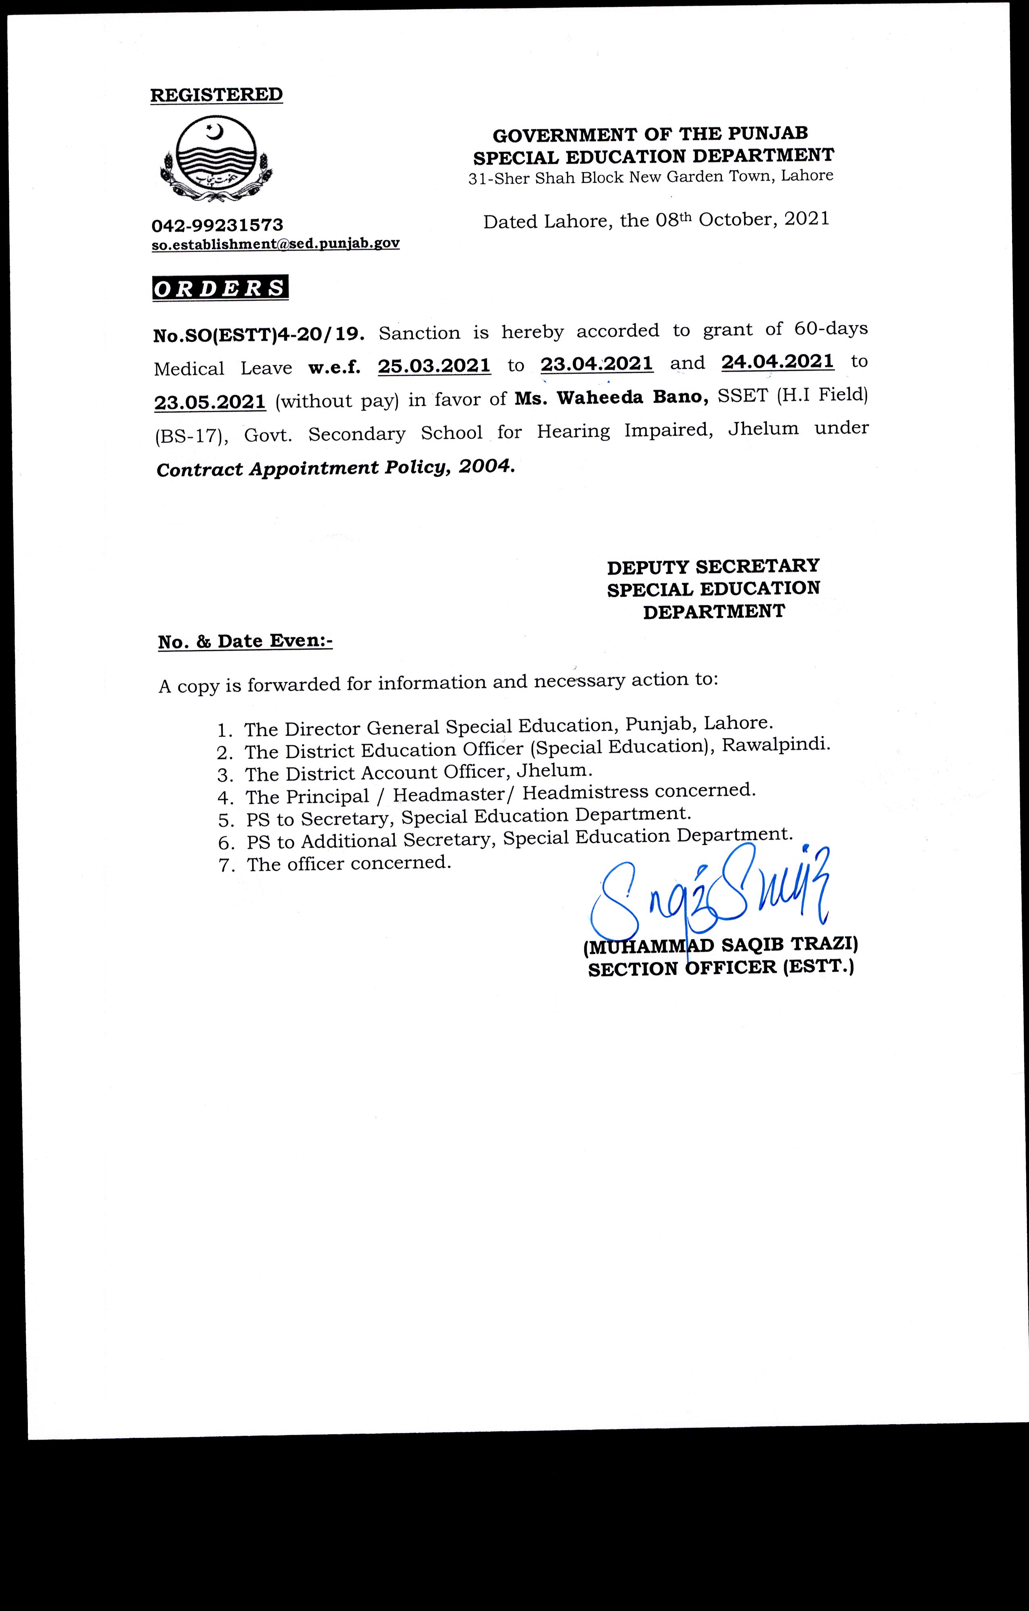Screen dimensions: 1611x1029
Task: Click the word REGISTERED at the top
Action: (x=216, y=95)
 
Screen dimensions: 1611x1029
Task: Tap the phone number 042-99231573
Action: (x=218, y=225)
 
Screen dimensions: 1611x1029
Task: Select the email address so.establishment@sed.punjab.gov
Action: (x=276, y=244)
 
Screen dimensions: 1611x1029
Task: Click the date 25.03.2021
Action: (x=434, y=367)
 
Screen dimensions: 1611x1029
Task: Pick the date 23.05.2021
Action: (x=210, y=402)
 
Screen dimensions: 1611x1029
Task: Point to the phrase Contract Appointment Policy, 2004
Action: (x=336, y=468)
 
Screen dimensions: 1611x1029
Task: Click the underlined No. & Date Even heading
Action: (x=245, y=641)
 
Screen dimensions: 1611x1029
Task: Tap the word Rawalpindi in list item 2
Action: (x=776, y=745)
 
